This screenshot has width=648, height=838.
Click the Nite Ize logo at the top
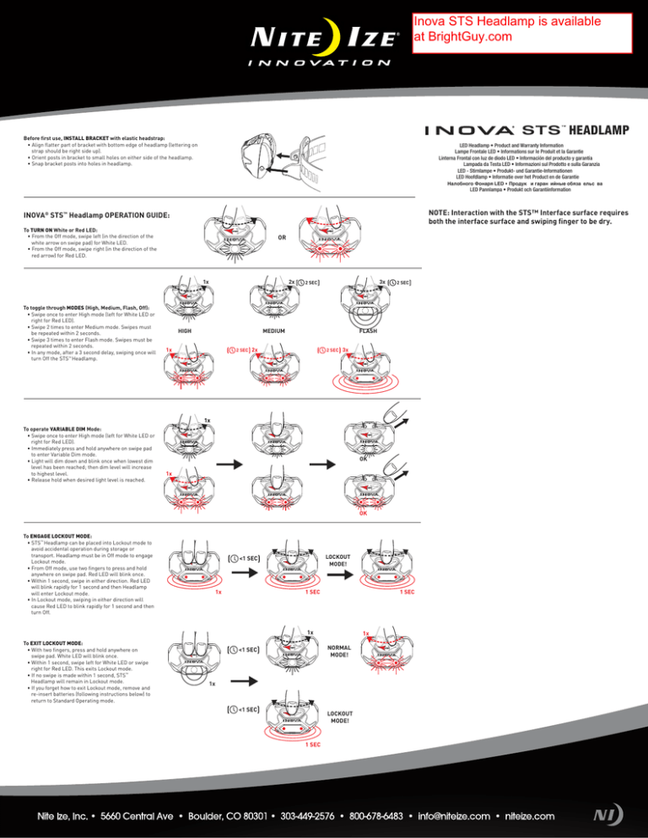click(324, 39)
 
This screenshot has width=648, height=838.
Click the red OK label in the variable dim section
click(362, 513)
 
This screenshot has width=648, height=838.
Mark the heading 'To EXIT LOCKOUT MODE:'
click(52, 642)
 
